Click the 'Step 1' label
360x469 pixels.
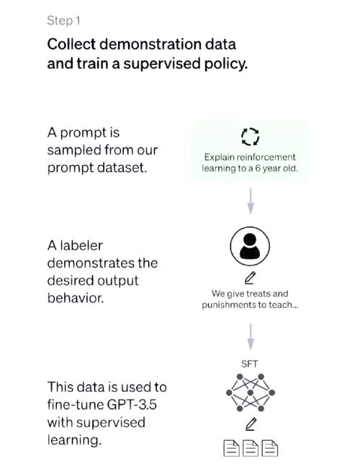(x=63, y=21)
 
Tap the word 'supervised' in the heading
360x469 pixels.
(x=162, y=64)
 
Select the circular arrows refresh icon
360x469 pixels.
(x=251, y=137)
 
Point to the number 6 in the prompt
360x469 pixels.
(x=258, y=168)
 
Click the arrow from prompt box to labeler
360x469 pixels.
(x=251, y=201)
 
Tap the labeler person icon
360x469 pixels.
(x=250, y=246)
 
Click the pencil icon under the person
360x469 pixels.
(x=250, y=278)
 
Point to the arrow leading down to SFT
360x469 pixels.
(x=251, y=336)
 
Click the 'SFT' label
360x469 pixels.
(x=250, y=364)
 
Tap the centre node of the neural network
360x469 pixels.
(x=251, y=393)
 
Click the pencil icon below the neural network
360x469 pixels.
(x=251, y=424)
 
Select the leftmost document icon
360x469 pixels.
(x=232, y=448)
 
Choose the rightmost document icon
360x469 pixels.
(x=270, y=448)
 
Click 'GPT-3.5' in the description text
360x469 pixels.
(x=132, y=405)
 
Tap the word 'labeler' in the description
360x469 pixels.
(x=81, y=245)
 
